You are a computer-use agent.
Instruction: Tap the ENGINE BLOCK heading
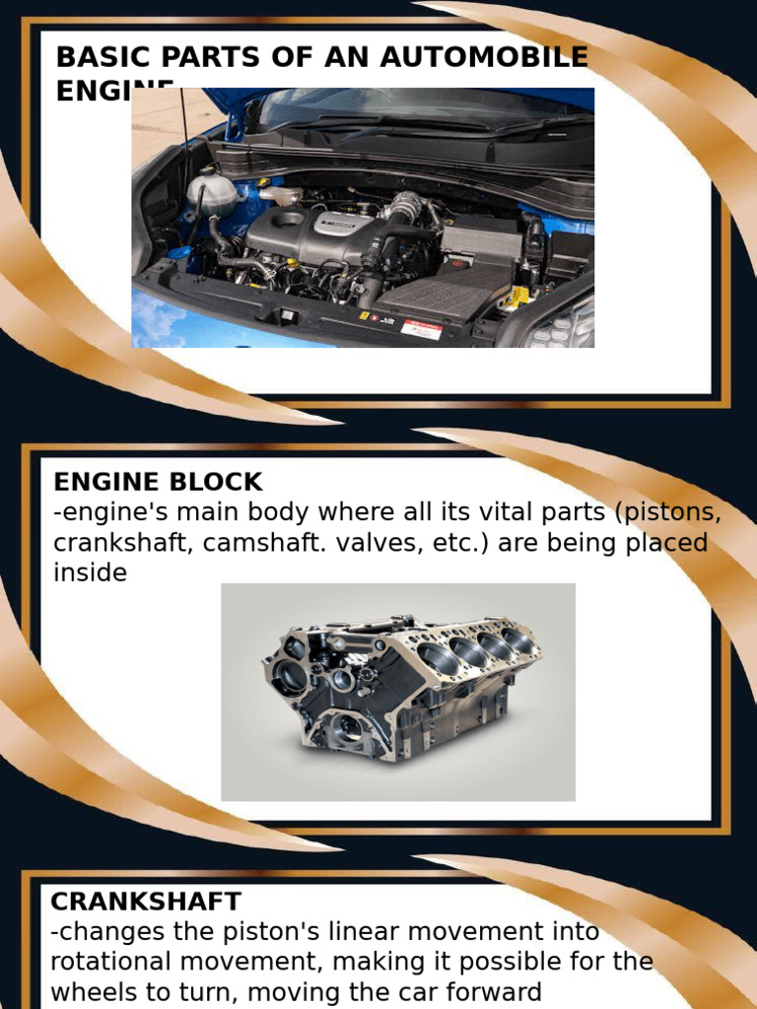pyautogui.click(x=158, y=482)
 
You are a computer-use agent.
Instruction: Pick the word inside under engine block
pyautogui.click(x=90, y=573)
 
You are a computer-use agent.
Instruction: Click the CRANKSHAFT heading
pyautogui.click(x=145, y=901)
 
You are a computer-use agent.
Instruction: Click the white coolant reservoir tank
pyautogui.click(x=212, y=192)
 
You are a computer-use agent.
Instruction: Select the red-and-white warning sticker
pyautogui.click(x=421, y=328)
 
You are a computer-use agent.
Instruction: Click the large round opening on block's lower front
pyautogui.click(x=346, y=729)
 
